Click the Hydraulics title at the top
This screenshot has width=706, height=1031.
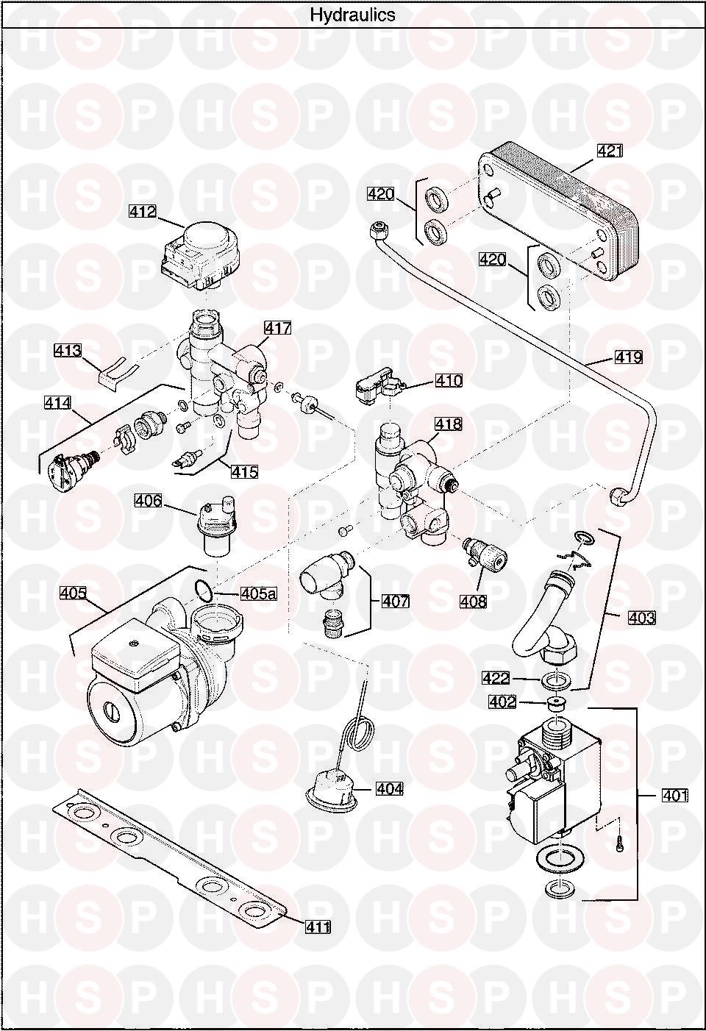coord(352,15)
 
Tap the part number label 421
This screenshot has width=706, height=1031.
coord(610,151)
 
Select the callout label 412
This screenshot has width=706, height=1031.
coord(143,212)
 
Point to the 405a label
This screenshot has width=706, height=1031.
coord(259,593)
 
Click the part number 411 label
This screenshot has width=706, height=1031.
coord(318,926)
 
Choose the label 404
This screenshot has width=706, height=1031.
coord(389,789)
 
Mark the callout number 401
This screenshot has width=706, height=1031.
coord(675,795)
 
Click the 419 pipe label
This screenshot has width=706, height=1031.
coord(629,357)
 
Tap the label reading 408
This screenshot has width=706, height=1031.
coord(473,601)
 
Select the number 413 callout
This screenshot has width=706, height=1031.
coord(68,351)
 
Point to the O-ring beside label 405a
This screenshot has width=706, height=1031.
coord(204,591)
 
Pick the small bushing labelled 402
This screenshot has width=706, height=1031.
coord(555,703)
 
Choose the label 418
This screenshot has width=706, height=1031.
coord(449,424)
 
